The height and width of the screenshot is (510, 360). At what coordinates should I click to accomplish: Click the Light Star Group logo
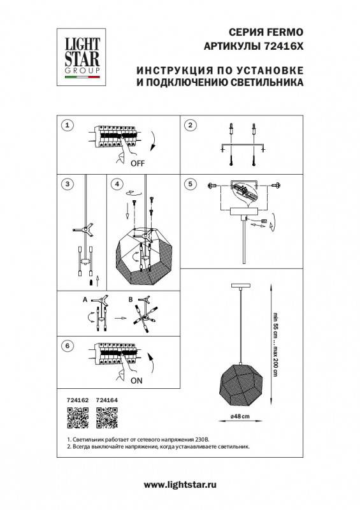pyautogui.click(x=81, y=55)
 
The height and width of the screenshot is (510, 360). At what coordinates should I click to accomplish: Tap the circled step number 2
pyautogui.click(x=189, y=125)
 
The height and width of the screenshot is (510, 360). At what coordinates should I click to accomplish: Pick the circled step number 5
pyautogui.click(x=189, y=184)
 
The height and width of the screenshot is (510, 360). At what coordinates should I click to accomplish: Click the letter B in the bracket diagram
pyautogui.click(x=131, y=299)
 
